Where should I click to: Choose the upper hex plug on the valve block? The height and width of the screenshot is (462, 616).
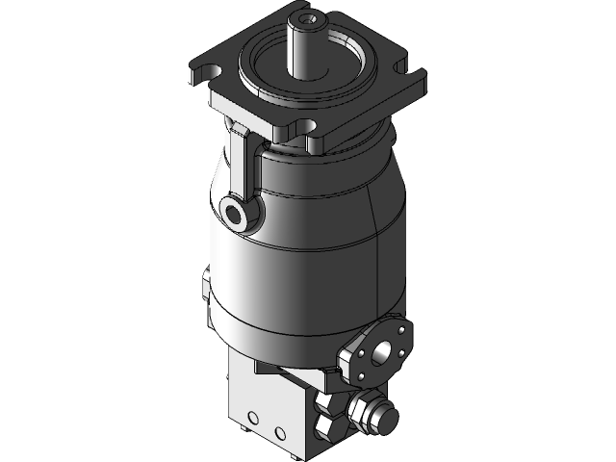coord(326,403)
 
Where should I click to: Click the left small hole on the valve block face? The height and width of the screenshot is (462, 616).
coord(252,417)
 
